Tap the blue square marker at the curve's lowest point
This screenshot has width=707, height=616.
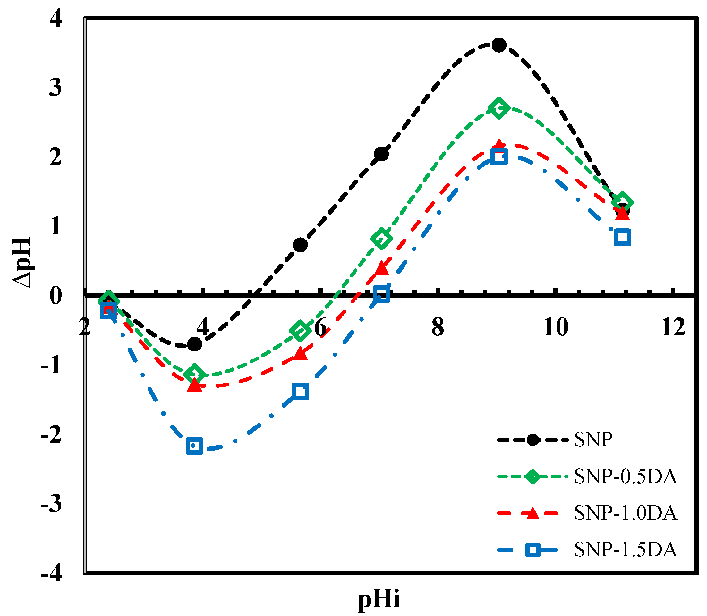point(194,446)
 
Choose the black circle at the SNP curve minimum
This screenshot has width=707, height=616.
point(194,344)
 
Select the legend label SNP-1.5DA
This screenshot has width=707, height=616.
point(626,550)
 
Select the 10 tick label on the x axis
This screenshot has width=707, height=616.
point(555,327)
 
